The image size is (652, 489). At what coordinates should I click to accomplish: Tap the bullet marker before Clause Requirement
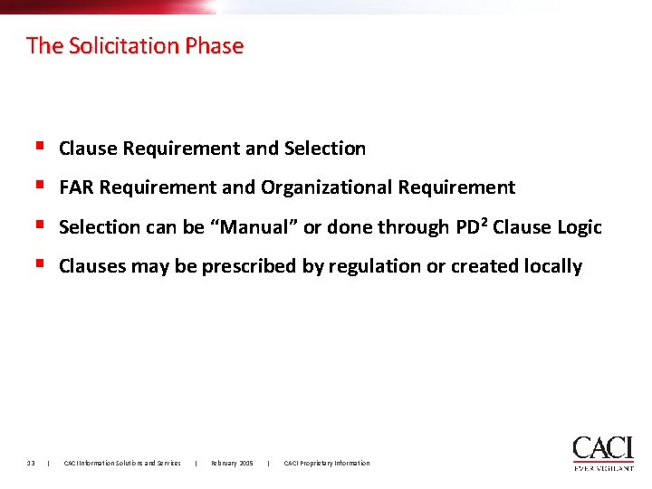pos(40,147)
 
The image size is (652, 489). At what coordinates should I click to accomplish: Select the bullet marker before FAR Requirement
pos(40,186)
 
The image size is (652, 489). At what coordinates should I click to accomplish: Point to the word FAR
pos(77,187)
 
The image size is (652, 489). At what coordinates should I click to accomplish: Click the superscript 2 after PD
pos(486,222)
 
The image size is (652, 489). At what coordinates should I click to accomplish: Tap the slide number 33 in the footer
pos(31,464)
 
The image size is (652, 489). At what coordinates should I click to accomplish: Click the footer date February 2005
pos(232,464)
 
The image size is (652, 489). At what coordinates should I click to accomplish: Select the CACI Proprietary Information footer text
pos(326,464)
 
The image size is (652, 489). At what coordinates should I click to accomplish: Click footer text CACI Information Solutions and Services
pos(121,464)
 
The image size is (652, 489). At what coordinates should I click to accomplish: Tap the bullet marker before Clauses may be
pos(40,264)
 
